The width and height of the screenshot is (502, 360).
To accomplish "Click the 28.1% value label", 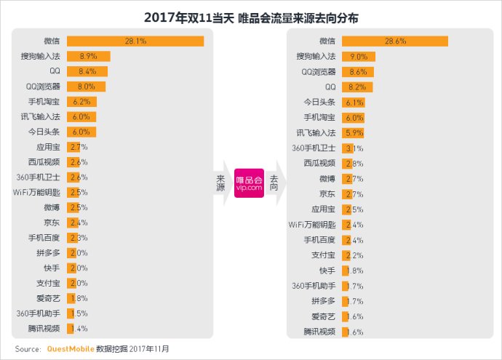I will click(136, 41).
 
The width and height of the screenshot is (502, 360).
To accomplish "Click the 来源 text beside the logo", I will click(220, 182).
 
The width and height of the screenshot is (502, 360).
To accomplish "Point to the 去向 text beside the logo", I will click(274, 182).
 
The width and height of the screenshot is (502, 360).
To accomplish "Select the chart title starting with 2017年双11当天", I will click(251, 16).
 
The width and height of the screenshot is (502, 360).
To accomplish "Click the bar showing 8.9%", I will click(88, 56).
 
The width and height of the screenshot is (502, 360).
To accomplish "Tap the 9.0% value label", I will click(358, 56).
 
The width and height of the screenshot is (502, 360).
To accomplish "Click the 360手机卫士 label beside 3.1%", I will click(313, 148).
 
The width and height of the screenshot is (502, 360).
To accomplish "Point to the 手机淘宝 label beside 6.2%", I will click(47, 102).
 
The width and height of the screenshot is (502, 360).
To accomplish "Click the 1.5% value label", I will click(79, 313).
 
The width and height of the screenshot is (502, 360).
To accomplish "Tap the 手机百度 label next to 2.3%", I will click(47, 237).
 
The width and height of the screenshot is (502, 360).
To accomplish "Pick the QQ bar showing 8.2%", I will click(356, 87).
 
